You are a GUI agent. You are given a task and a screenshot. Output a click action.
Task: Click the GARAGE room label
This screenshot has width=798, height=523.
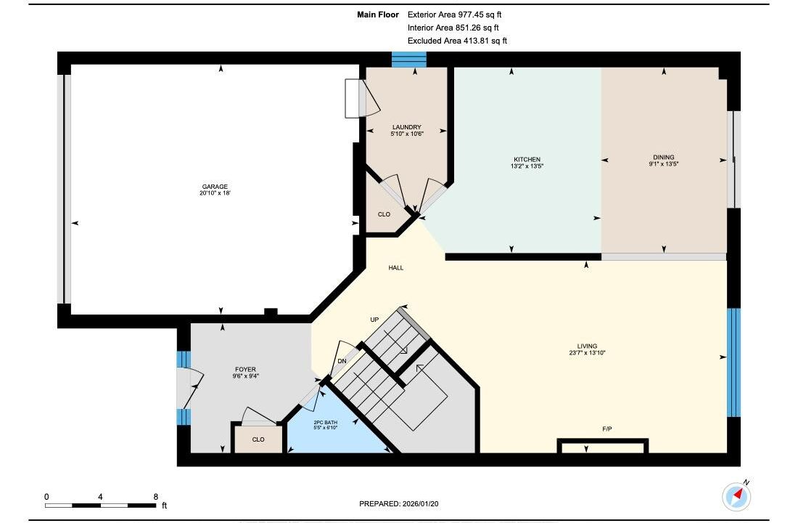(x=215, y=187)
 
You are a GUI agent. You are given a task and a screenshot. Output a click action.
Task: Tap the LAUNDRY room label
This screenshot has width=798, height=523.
(x=407, y=127)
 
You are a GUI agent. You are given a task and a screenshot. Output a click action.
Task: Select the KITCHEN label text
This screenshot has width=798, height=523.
(x=527, y=159)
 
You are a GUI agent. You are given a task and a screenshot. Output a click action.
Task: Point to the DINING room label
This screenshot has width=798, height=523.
(x=664, y=157)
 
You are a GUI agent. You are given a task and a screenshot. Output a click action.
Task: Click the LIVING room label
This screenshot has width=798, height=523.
(x=587, y=346)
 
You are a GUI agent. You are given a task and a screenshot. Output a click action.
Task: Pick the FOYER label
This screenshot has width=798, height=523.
(x=245, y=369)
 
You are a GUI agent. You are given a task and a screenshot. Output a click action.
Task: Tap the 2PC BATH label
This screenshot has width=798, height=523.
(x=325, y=423)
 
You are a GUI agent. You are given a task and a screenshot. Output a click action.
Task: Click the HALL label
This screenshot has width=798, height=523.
(x=396, y=267)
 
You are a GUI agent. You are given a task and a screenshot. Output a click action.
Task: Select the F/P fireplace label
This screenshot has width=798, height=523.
(x=606, y=429)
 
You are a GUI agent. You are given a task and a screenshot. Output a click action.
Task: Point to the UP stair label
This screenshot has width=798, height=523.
(x=374, y=320)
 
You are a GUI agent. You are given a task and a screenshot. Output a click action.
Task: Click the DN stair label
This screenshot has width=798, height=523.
(x=342, y=361)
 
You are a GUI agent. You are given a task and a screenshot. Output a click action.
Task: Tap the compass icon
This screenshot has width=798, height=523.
(x=736, y=495)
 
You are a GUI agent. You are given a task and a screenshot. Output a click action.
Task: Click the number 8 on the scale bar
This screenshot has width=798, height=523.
(x=156, y=497)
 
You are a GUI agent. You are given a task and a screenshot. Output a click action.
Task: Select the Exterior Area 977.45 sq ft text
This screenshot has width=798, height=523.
(x=454, y=15)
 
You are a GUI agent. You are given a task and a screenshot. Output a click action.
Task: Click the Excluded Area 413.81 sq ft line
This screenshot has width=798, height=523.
(x=458, y=41)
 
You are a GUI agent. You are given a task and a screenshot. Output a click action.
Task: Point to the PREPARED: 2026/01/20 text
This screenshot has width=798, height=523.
(x=399, y=503)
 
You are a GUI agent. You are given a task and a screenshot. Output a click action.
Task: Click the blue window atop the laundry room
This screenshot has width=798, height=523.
(x=409, y=59)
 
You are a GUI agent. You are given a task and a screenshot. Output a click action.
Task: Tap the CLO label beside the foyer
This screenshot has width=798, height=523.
(x=258, y=439)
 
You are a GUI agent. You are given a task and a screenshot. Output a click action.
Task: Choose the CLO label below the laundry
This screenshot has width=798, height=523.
(x=384, y=214)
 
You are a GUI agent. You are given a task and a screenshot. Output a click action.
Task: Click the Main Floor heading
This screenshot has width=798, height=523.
(x=378, y=15)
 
